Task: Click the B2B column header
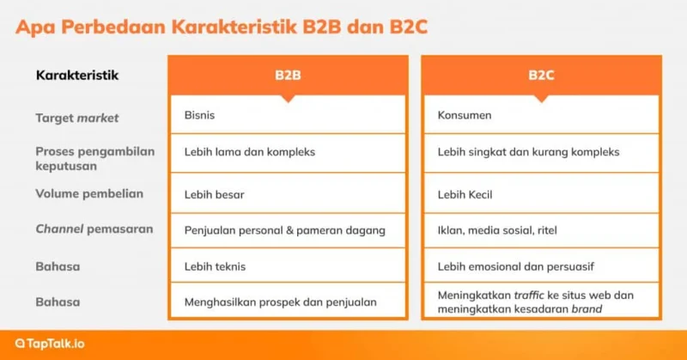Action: click(x=288, y=75)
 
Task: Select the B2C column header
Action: click(x=541, y=75)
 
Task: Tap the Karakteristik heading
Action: click(x=77, y=75)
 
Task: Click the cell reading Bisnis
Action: click(x=288, y=115)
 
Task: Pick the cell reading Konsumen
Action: click(x=541, y=115)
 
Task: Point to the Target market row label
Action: click(x=77, y=118)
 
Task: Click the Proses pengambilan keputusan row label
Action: click(x=95, y=158)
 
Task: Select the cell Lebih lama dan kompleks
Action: click(x=288, y=153)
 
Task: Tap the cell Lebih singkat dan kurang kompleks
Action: click(x=541, y=153)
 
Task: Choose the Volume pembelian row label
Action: click(x=89, y=194)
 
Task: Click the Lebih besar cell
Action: click(x=288, y=193)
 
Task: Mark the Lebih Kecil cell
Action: click(x=541, y=193)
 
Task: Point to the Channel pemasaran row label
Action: click(x=94, y=229)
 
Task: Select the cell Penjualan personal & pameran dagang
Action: click(x=288, y=230)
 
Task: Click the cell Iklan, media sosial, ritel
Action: click(x=541, y=230)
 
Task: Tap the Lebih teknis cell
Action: click(x=288, y=265)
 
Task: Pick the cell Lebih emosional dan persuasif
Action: click(x=541, y=265)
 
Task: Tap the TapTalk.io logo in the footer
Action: click(x=50, y=344)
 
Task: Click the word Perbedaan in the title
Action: click(x=113, y=27)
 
